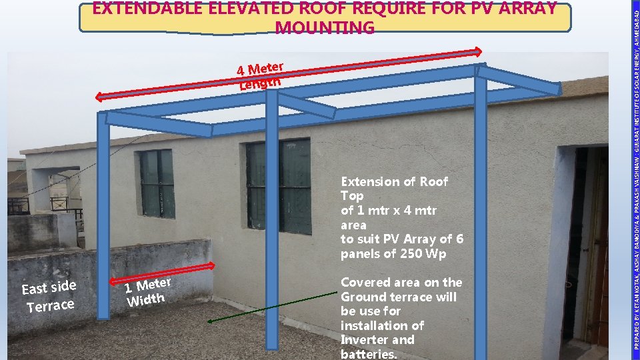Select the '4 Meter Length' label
coord(261,75)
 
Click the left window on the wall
coord(157,183)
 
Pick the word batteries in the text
coord(367,354)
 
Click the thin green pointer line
coord(273,307)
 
